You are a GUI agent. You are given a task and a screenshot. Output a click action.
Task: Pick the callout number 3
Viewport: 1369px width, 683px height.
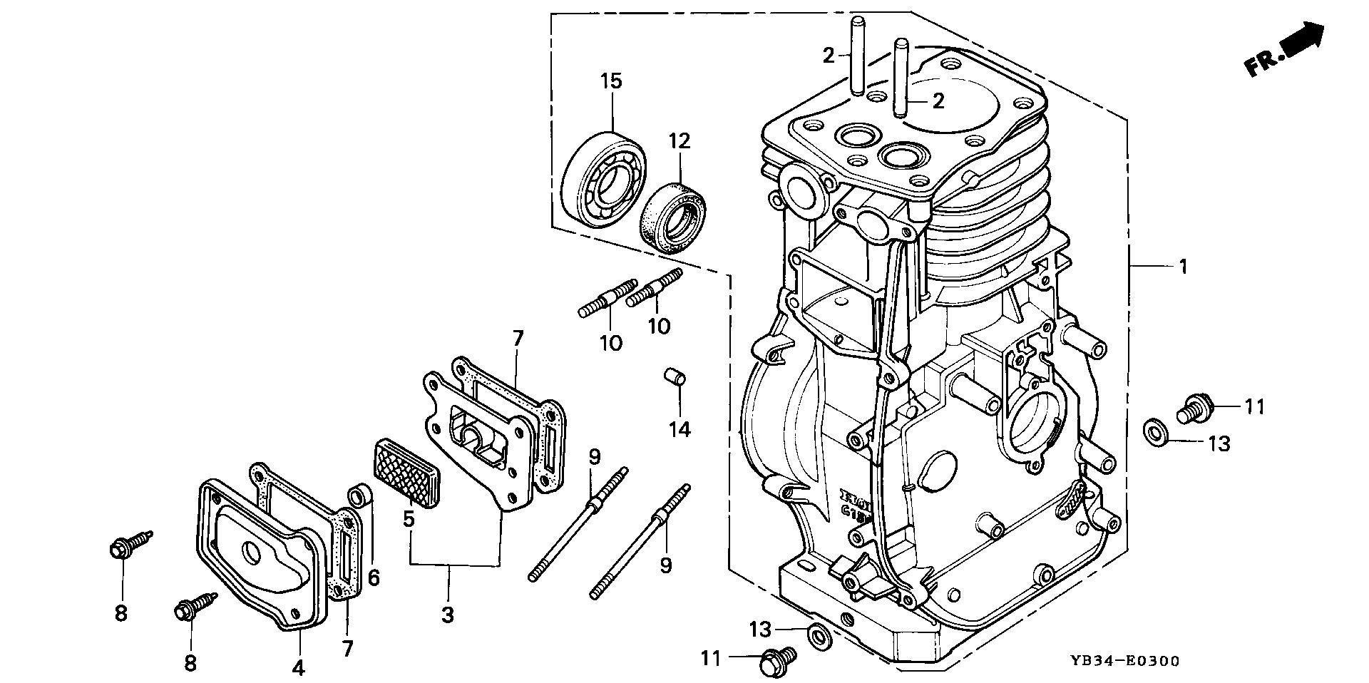(448, 615)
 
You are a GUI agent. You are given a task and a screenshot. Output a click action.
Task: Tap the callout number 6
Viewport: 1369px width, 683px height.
(373, 577)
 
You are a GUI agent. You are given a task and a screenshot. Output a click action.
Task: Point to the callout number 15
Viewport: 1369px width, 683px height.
(611, 81)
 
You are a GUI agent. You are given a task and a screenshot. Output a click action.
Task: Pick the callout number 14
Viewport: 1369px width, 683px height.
(680, 429)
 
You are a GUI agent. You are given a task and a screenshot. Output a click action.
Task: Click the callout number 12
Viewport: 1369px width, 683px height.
(679, 141)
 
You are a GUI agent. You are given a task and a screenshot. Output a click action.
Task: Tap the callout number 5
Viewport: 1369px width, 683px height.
(408, 519)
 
